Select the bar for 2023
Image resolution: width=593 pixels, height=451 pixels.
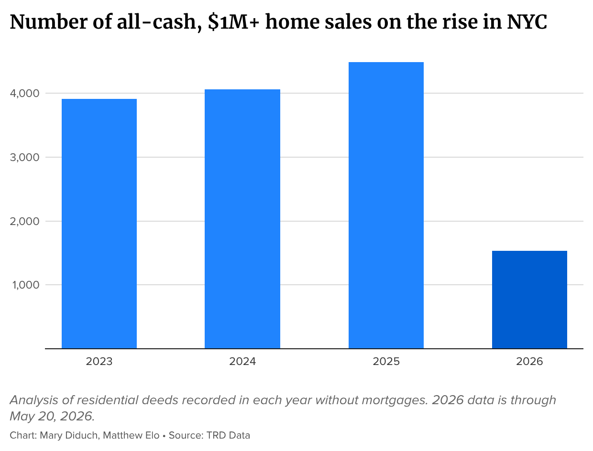pos(99,224)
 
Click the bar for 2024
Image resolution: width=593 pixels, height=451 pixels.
pos(242,219)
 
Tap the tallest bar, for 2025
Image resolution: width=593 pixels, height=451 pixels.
pos(386,205)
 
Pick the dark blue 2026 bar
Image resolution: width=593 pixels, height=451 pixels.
pos(529,300)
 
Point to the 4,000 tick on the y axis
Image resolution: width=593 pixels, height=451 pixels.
pos(24,94)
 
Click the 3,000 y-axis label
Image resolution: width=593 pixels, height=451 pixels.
pos(24,157)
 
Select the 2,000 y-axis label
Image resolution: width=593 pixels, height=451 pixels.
pos(24,222)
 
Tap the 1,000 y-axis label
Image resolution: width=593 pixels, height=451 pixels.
pos(26,285)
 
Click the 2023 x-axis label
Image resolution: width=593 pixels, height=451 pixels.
pos(99,361)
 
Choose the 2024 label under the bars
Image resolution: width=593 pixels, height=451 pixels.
pos(242,361)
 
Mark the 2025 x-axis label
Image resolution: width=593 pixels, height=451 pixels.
pos(386,361)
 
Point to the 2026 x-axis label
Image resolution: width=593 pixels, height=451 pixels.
pos(529,361)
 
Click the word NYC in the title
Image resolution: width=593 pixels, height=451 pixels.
pos(527,22)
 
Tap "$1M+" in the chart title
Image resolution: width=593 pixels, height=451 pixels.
pos(234,22)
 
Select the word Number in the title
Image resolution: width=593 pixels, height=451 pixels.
pos(49,21)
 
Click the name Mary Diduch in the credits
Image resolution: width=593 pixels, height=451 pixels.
pos(68,436)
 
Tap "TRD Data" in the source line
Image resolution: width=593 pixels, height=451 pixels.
pos(228,436)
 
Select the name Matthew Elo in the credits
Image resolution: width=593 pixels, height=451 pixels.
pos(131,436)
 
